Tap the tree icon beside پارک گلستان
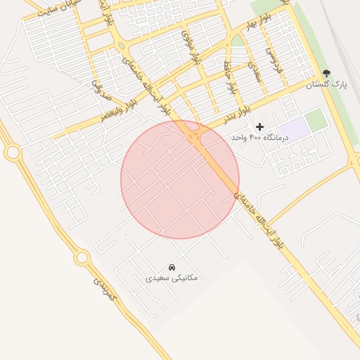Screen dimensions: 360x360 326,72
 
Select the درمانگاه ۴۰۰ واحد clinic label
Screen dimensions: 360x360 260,138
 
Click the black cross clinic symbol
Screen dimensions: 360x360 260,127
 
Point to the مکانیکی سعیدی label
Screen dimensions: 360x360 172,278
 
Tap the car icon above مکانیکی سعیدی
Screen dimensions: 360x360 172,267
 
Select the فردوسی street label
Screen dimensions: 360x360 271,60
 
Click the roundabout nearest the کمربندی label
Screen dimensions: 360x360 82,258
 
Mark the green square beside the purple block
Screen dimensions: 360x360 316,119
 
